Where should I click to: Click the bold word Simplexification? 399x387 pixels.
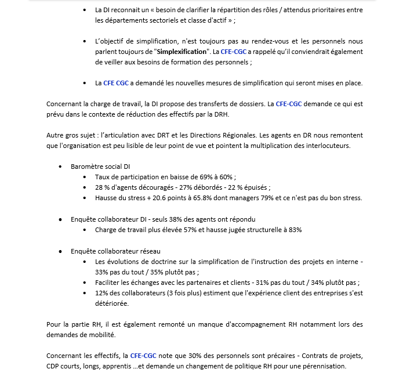click(x=179, y=52)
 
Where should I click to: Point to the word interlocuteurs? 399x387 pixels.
click(x=328, y=146)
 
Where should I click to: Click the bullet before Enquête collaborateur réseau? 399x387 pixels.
click(x=61, y=251)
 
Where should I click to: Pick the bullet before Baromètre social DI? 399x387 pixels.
click(x=61, y=167)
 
